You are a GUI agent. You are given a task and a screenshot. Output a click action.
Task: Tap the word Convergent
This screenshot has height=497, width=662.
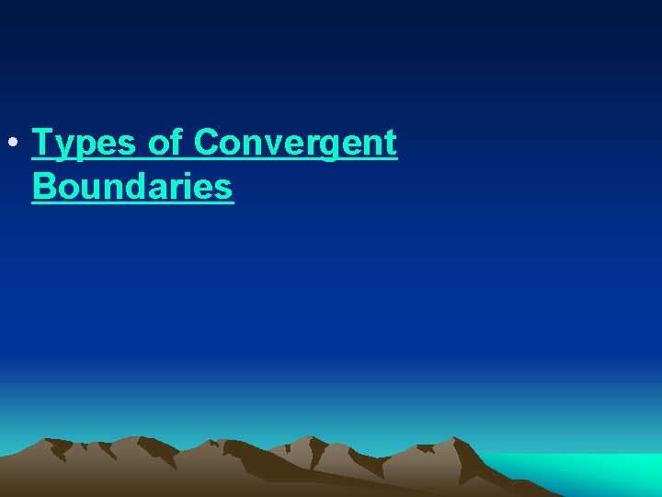tap(296, 144)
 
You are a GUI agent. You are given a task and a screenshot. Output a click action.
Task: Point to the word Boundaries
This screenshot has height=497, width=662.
tap(132, 186)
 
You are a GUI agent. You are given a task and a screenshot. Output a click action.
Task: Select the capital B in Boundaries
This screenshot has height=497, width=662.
tap(43, 186)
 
